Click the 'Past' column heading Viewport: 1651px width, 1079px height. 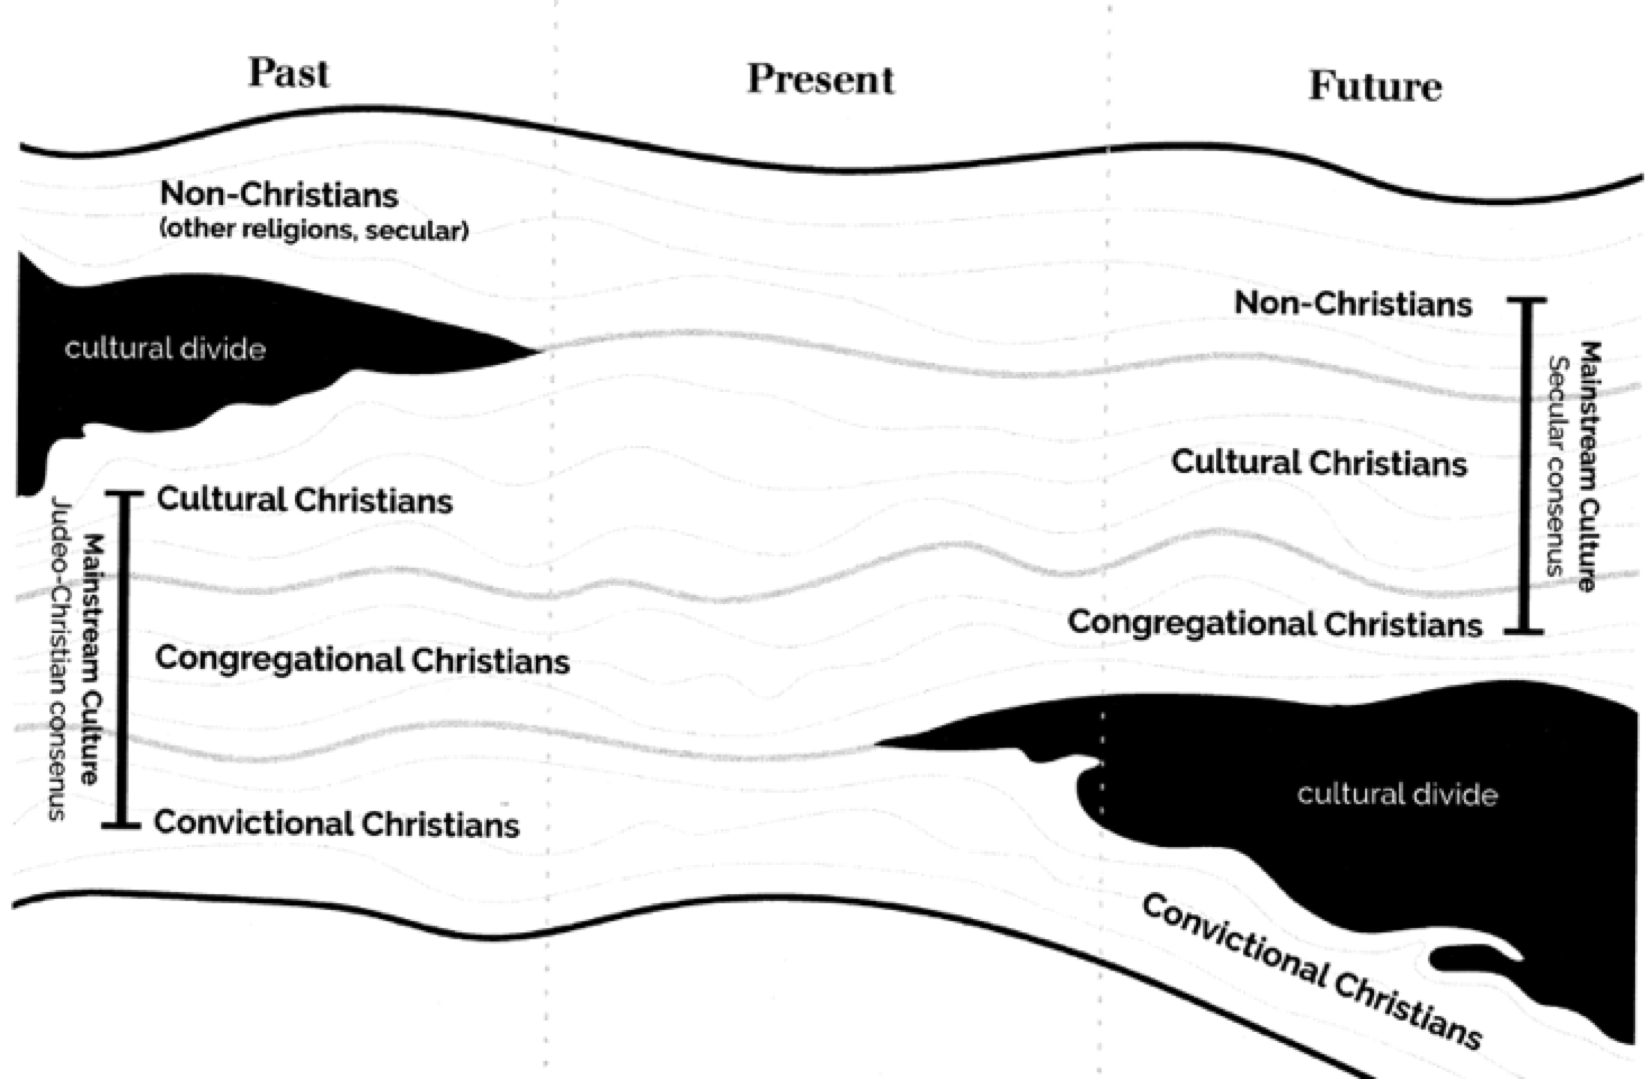tap(288, 72)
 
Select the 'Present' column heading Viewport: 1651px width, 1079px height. tap(820, 79)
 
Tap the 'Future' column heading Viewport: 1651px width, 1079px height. tap(1375, 86)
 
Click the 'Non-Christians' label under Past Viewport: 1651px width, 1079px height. tap(279, 194)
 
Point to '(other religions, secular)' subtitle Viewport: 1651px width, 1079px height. tap(314, 229)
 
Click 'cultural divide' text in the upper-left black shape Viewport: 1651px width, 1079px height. tap(165, 349)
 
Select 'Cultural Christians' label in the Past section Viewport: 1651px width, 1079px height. tap(305, 500)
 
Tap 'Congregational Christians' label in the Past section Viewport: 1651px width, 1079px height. tap(362, 660)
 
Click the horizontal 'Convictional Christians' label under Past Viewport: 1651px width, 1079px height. tap(337, 824)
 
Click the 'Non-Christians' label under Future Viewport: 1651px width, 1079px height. tap(1353, 303)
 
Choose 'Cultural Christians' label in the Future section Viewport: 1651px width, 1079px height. tap(1319, 463)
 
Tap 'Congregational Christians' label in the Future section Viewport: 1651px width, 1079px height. tap(1275, 624)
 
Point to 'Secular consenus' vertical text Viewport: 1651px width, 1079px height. tap(1556, 465)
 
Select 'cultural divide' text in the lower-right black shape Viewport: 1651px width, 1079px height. tap(1397, 795)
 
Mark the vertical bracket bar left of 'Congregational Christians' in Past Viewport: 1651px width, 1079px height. tap(125, 660)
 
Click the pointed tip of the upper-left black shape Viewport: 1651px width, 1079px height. tap(536, 351)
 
